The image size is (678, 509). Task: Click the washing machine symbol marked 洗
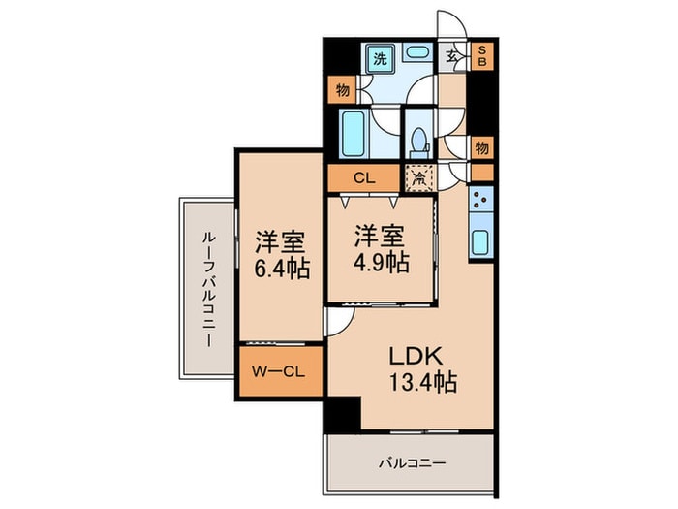click(x=382, y=57)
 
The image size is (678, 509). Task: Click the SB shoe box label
click(x=483, y=55)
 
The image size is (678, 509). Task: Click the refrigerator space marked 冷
click(x=419, y=178)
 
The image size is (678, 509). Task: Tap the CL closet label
click(x=364, y=178)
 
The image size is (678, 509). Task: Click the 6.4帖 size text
click(x=283, y=268)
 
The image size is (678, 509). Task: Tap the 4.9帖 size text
click(x=380, y=262)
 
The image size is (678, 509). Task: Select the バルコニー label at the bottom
click(x=412, y=463)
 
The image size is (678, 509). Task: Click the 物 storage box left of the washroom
click(x=342, y=90)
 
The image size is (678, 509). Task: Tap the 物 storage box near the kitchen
click(x=481, y=148)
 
